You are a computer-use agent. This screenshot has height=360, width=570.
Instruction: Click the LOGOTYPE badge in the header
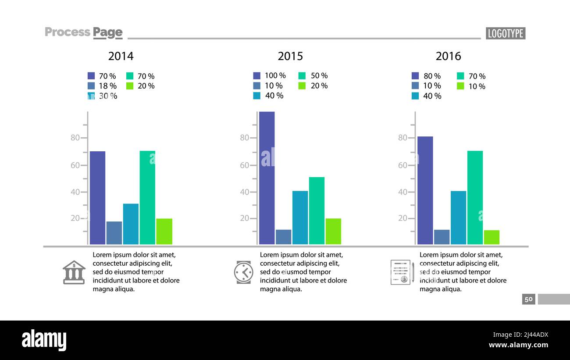(x=505, y=33)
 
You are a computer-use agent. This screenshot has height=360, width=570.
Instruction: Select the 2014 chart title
(x=121, y=56)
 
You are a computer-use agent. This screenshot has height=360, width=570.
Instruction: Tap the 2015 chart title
(x=290, y=56)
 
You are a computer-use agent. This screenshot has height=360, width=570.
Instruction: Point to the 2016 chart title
(x=448, y=56)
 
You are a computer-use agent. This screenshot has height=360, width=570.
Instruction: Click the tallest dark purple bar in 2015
(x=267, y=178)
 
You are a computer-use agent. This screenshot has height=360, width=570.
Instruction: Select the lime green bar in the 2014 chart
(x=164, y=231)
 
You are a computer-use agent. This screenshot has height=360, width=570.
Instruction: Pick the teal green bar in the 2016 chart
(x=475, y=197)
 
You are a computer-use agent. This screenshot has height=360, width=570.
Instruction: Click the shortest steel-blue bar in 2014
(x=114, y=233)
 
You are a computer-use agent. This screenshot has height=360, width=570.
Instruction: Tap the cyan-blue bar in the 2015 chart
(x=300, y=217)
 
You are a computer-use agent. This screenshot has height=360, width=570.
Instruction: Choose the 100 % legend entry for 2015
(x=270, y=75)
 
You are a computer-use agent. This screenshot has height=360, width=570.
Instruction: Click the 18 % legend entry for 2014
(x=103, y=86)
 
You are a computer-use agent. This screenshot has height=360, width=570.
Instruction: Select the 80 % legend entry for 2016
(x=427, y=76)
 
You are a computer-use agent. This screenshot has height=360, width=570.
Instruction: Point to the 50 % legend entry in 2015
(x=313, y=75)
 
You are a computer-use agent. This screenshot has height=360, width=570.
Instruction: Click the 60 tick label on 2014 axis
(x=75, y=165)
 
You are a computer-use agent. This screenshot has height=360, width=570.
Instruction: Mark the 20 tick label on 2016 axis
(x=403, y=218)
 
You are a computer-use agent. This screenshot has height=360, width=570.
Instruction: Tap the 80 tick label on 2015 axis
(x=244, y=138)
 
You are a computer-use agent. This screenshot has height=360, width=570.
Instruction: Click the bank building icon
(x=74, y=272)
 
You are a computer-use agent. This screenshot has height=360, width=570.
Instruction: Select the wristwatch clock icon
(x=243, y=272)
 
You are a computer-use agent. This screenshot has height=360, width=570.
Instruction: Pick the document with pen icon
(x=402, y=272)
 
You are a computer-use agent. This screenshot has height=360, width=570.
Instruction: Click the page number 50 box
(x=528, y=299)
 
